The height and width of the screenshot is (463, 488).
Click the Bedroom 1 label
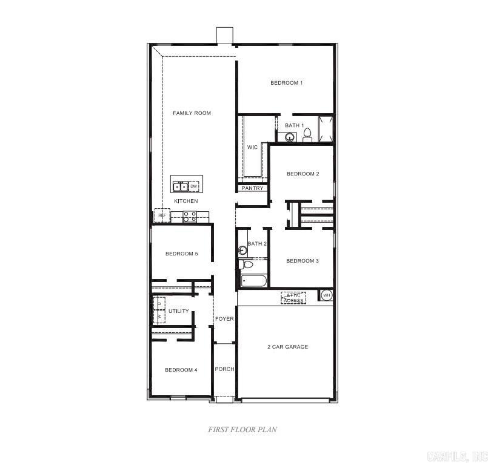click(x=286, y=83)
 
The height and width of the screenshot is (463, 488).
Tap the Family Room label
click(x=192, y=113)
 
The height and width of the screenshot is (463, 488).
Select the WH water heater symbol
click(x=327, y=295)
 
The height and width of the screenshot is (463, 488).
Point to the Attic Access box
click(x=293, y=298)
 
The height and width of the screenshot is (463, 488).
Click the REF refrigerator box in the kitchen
click(x=162, y=215)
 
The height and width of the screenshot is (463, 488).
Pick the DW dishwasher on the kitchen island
click(x=194, y=186)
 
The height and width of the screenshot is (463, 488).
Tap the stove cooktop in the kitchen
click(x=190, y=215)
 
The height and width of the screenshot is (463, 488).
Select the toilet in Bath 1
click(x=307, y=135)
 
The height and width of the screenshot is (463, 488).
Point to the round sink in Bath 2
click(x=243, y=250)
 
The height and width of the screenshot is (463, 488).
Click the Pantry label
click(x=252, y=188)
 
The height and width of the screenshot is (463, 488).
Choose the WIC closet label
click(x=252, y=147)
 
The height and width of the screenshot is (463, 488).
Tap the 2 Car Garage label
click(x=288, y=347)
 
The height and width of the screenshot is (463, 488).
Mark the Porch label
click(x=224, y=369)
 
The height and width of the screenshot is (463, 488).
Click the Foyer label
click(x=224, y=319)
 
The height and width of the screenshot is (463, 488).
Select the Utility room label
click(x=179, y=311)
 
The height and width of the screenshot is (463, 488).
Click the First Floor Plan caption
click(x=242, y=429)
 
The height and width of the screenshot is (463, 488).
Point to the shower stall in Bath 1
click(x=326, y=129)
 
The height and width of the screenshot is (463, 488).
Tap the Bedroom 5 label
click(x=181, y=254)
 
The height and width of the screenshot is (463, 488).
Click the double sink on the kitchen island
click(x=180, y=186)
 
